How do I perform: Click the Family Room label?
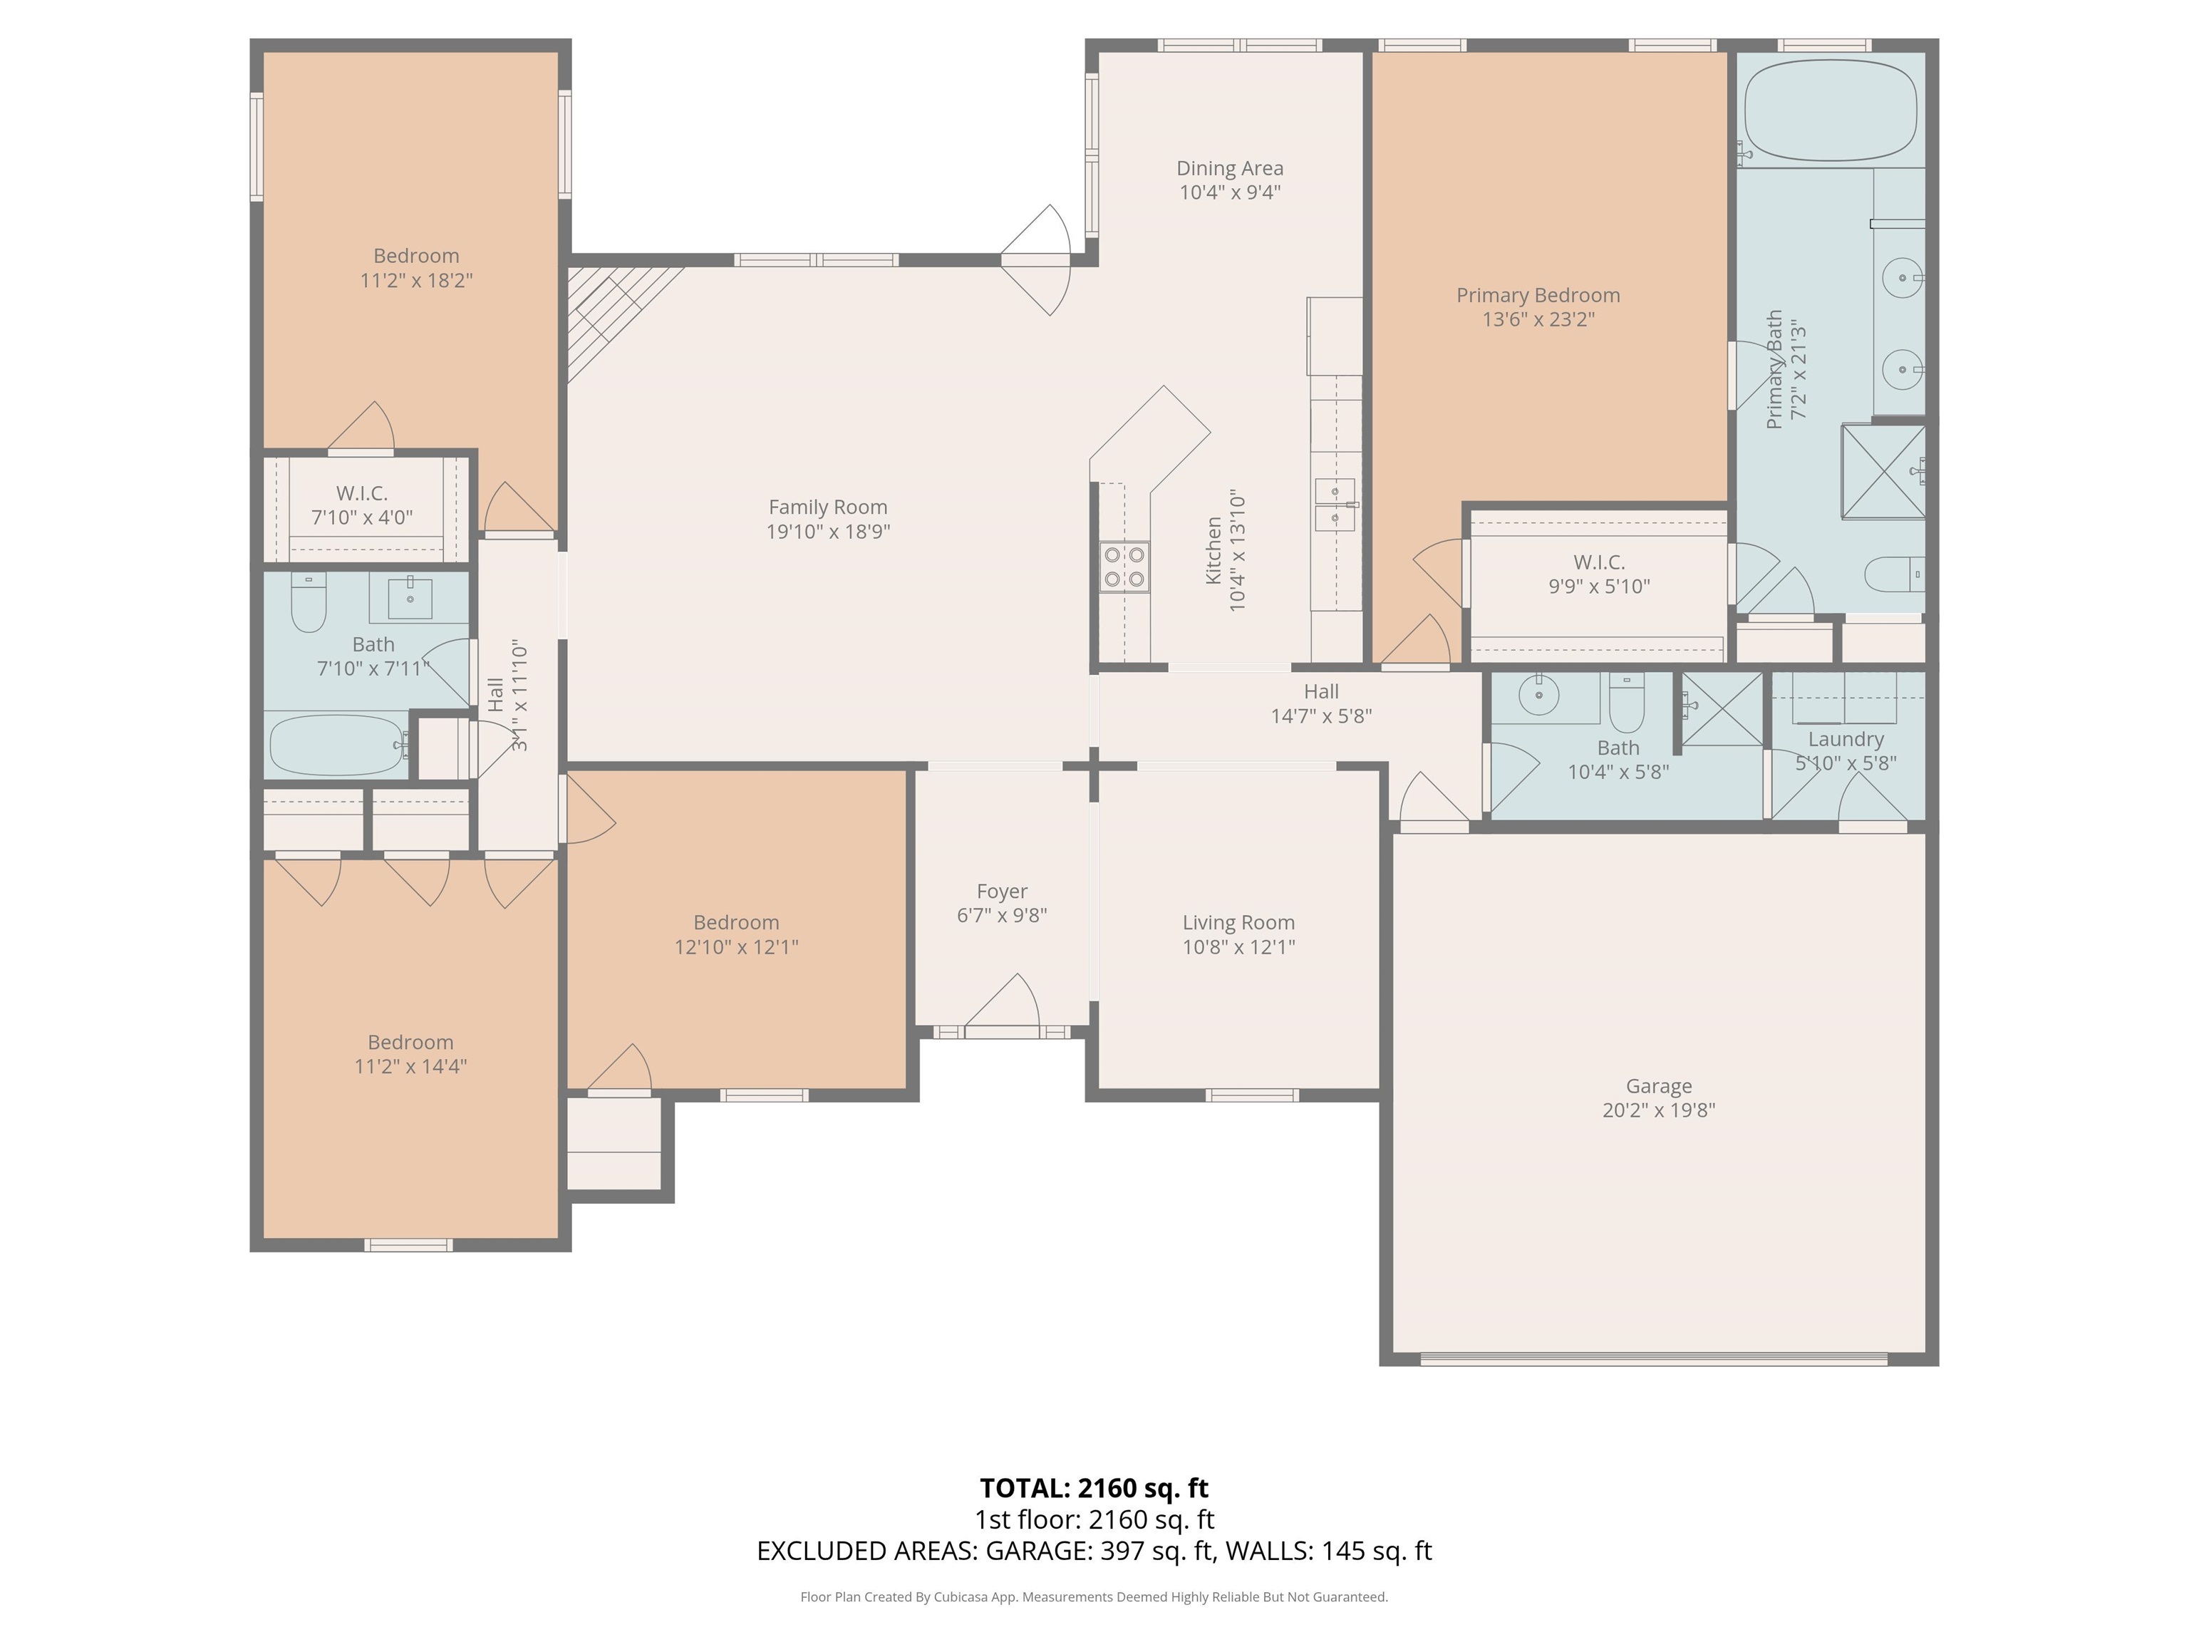click(827, 507)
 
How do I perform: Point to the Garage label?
click(1659, 1086)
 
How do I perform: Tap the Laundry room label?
click(1846, 739)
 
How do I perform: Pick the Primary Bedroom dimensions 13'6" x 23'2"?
click(1538, 319)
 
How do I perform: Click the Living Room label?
click(1238, 922)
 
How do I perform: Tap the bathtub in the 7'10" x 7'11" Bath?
click(338, 744)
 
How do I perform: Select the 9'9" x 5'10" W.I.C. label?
click(1599, 562)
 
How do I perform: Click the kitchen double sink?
click(1335, 504)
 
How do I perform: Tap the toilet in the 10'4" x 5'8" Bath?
click(1626, 700)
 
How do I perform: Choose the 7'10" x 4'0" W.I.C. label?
click(362, 493)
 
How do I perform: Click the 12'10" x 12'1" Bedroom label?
click(736, 922)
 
